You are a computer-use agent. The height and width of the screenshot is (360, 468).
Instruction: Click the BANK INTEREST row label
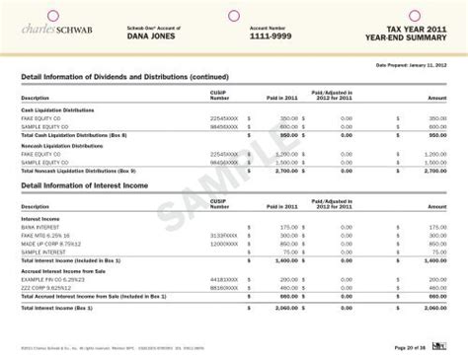click(x=38, y=227)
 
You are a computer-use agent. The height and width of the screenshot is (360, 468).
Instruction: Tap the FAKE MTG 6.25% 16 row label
click(x=42, y=235)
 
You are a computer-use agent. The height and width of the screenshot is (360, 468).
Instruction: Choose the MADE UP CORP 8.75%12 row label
click(x=48, y=243)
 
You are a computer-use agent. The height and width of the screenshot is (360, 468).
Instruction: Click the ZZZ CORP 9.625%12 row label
click(x=46, y=285)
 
